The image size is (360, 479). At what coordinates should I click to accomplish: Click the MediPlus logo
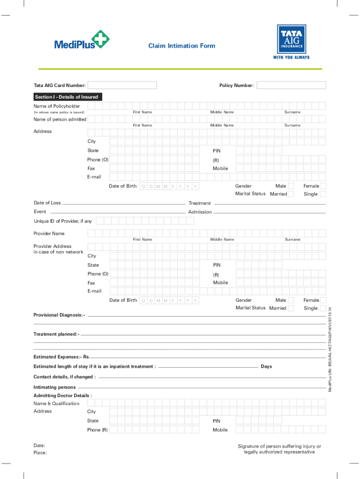pos(82,40)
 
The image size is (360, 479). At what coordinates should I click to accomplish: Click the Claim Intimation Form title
pos(182,46)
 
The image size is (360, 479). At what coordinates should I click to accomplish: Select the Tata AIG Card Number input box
pos(122,85)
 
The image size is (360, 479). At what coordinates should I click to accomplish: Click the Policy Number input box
pos(291,85)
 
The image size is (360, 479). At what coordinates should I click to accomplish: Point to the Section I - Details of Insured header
pos(67,97)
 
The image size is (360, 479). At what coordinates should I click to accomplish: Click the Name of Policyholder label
pos(57,106)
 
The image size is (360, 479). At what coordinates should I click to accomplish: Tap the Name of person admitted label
pos(60,119)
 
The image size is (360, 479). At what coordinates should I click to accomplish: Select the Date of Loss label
pos(47,203)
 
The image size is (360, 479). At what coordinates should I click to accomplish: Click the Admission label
pos(200,212)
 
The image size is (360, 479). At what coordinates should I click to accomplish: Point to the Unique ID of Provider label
pos(63,221)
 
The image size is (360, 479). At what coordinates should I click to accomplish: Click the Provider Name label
pos(49,233)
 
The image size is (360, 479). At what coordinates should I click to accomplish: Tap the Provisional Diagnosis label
pos(59,315)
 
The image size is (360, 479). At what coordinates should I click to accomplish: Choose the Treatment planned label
pos(56,334)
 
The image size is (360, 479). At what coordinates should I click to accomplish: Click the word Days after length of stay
pos(266,366)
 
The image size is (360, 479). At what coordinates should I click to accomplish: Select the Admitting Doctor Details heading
pos(63,395)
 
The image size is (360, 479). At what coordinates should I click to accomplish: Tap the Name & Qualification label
pos(56,403)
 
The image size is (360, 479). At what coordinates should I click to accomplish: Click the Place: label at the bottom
pos(40,452)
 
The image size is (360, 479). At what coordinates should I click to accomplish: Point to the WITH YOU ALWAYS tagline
pos(291,58)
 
